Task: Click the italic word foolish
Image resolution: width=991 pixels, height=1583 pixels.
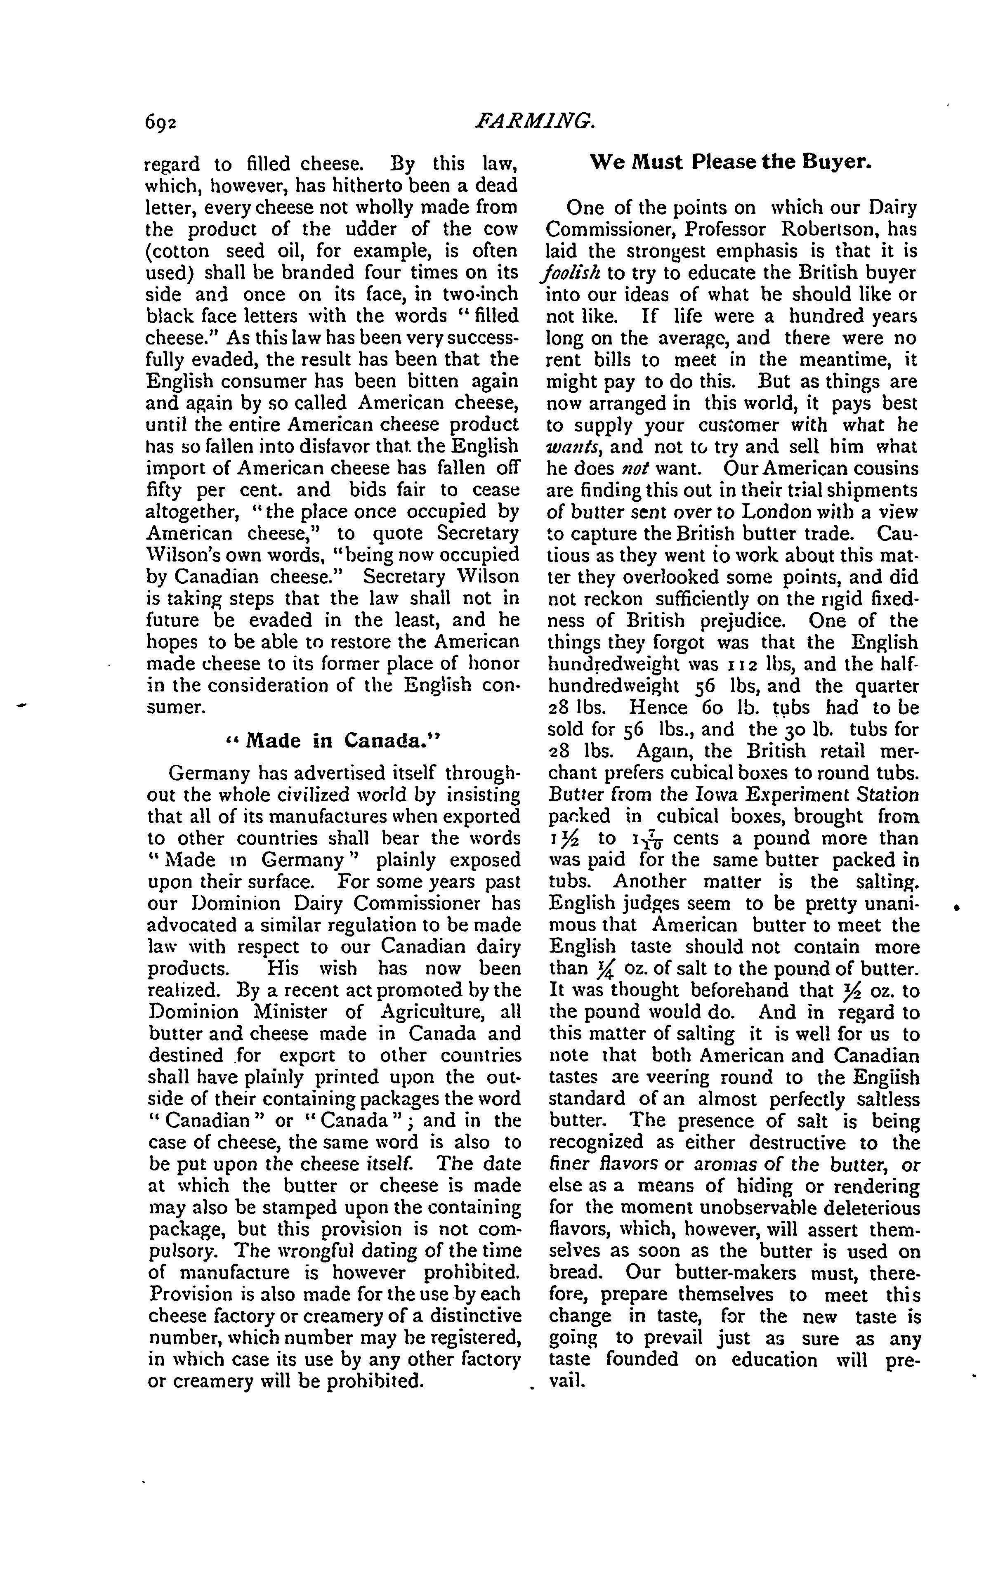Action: click(568, 274)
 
